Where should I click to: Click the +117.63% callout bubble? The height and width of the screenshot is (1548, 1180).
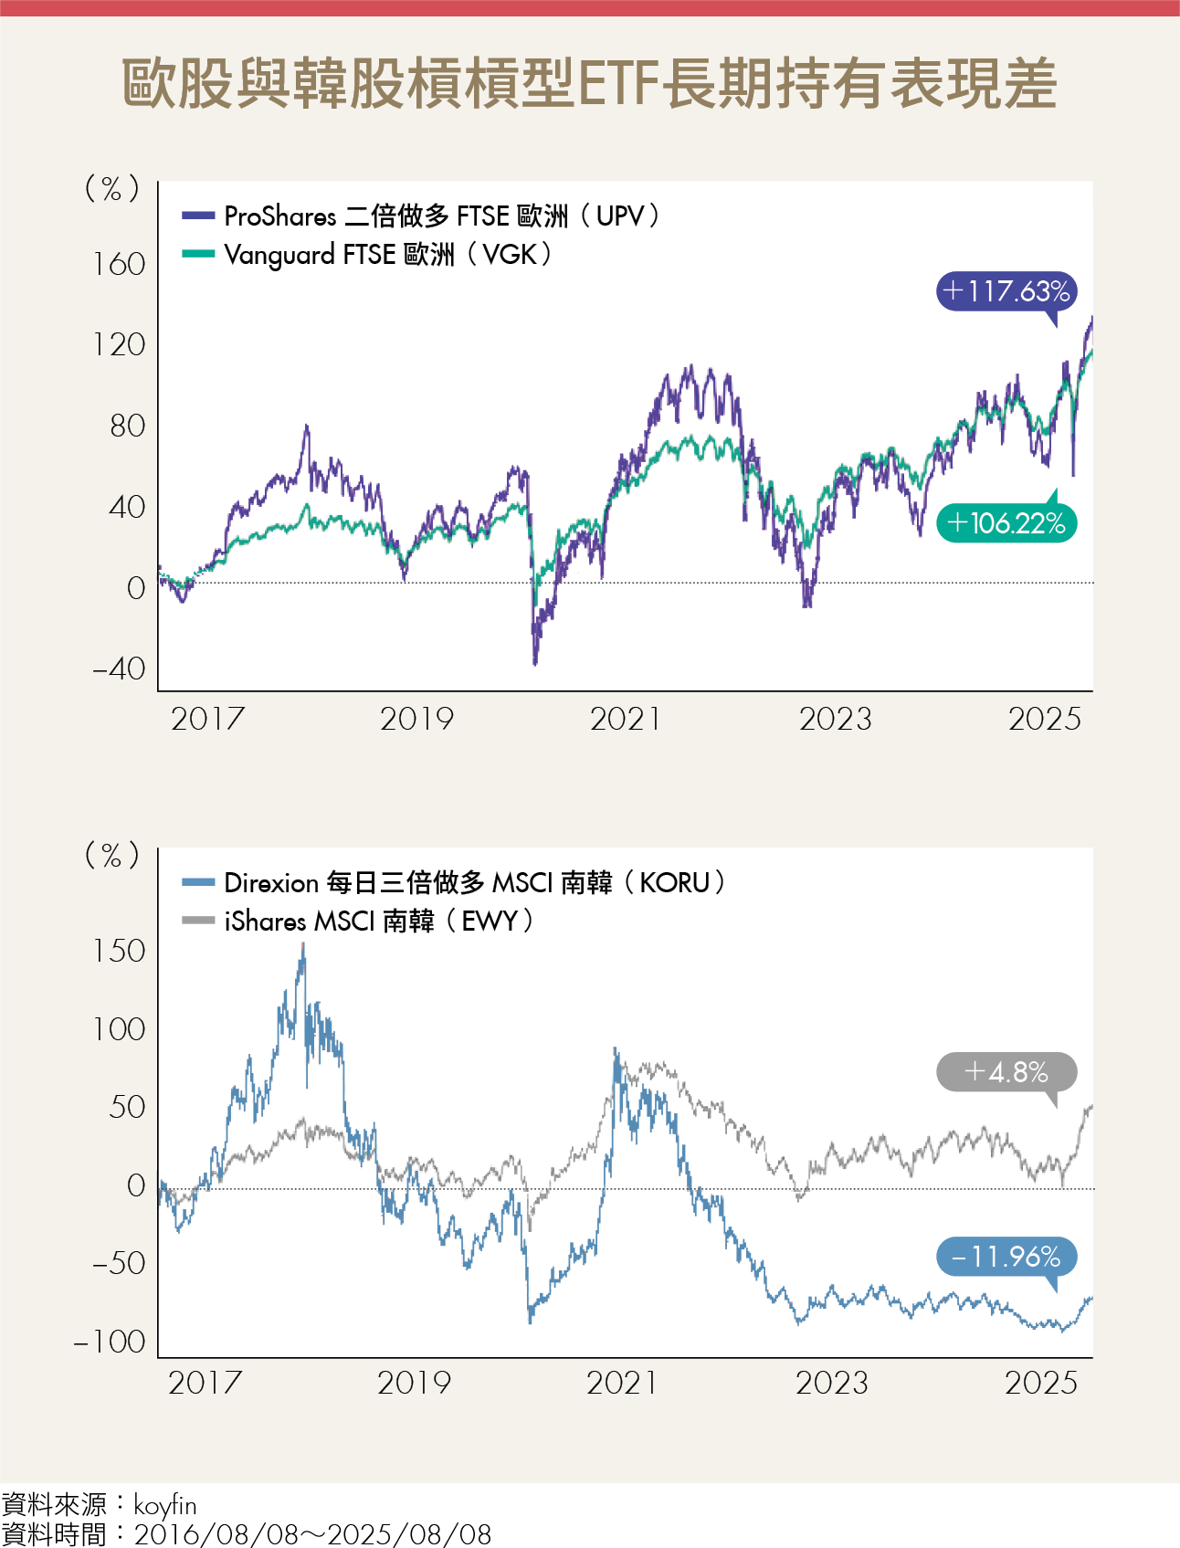click(x=1006, y=291)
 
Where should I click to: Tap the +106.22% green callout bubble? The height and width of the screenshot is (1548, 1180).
click(x=1006, y=523)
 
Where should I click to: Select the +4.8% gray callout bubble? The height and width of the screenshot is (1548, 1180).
click(x=1006, y=1071)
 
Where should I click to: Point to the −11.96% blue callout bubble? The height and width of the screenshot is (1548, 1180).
click(x=1006, y=1257)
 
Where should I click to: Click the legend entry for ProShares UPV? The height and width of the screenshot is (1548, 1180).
click(x=420, y=216)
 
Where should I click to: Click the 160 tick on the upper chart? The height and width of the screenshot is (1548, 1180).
click(x=119, y=265)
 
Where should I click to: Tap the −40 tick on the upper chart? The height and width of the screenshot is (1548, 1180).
click(x=119, y=669)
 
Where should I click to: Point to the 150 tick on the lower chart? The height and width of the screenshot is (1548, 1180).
click(x=119, y=952)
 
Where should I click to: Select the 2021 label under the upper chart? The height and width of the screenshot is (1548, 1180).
click(x=626, y=720)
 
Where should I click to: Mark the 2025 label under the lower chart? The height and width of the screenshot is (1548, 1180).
click(x=1041, y=1384)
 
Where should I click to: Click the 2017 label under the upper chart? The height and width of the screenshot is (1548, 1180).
click(x=207, y=720)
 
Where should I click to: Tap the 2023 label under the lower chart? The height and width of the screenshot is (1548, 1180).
click(x=832, y=1384)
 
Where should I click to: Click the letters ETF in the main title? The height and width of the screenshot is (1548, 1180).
click(x=617, y=84)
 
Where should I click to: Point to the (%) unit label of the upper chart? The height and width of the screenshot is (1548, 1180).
click(x=111, y=189)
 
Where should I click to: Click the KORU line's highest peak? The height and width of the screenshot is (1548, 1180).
click(x=303, y=946)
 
